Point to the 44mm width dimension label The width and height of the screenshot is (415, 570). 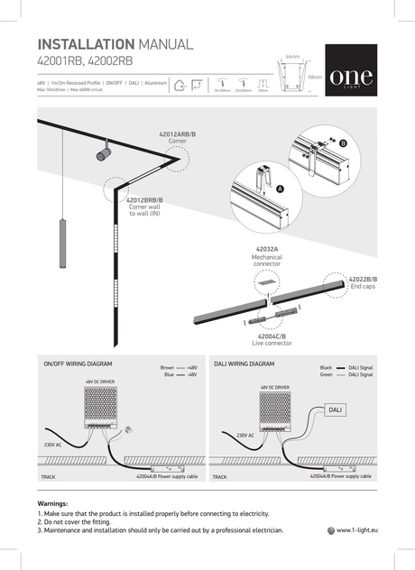coord(291,56)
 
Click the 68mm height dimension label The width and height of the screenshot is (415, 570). coord(315,78)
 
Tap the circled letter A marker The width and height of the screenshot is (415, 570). coord(280,189)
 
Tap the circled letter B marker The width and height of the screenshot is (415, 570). coord(343,143)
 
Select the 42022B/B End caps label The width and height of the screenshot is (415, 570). coord(363,284)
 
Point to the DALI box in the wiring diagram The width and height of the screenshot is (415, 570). coord(335,409)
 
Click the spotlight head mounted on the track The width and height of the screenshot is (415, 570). coord(103,153)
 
